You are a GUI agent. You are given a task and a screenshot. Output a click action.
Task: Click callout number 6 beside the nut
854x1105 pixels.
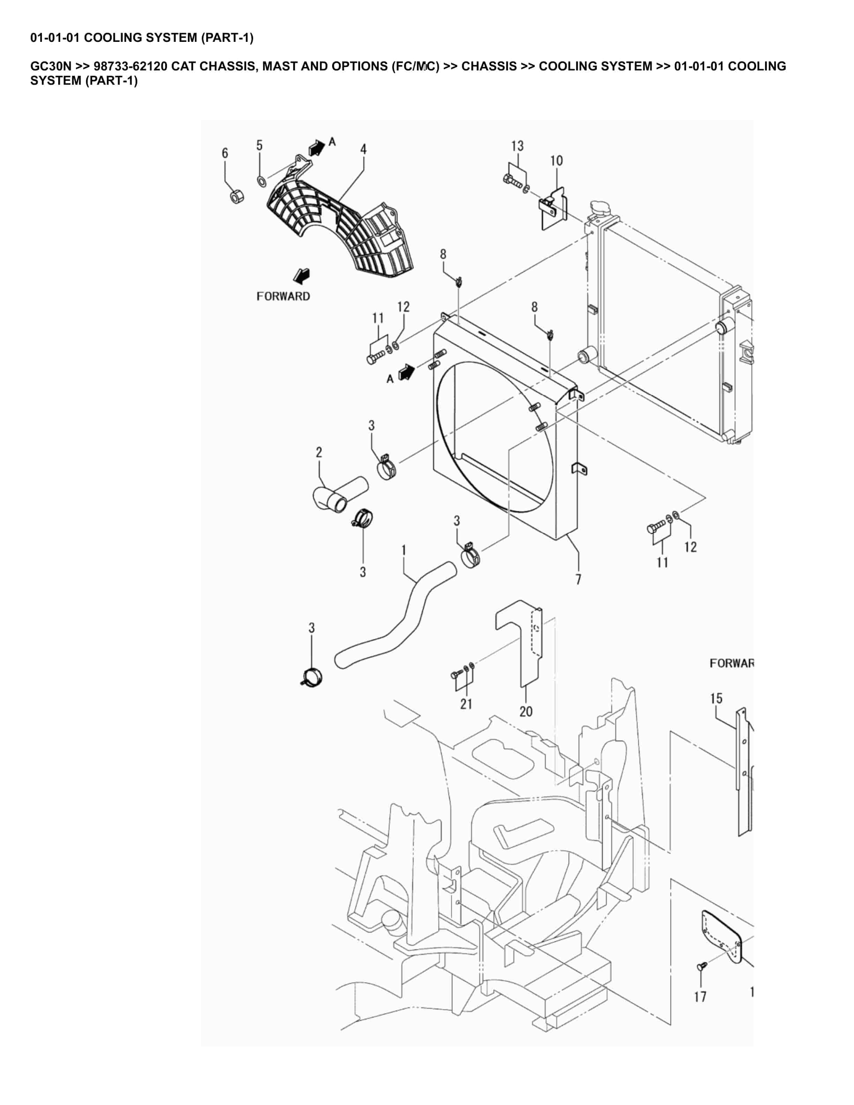point(225,153)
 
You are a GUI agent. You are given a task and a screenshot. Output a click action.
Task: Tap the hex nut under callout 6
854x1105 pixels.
point(235,196)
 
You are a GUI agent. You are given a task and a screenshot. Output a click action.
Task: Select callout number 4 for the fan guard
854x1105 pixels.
point(363,149)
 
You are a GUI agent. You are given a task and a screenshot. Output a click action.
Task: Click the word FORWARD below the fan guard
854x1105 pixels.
point(283,296)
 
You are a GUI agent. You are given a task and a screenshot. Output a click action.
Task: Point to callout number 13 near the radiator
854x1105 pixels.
point(517,146)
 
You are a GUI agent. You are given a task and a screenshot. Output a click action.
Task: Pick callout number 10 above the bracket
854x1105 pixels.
point(556,161)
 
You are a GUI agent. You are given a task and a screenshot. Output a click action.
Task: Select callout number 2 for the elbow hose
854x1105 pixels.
point(319,452)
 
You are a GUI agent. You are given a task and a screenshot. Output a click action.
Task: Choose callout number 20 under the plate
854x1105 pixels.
point(526,711)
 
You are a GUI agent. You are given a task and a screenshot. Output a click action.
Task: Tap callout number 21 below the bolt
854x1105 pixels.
point(466,704)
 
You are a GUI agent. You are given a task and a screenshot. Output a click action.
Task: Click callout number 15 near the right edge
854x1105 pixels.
point(716,699)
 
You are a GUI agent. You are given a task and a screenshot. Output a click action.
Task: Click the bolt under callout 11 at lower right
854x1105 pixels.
point(656,528)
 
